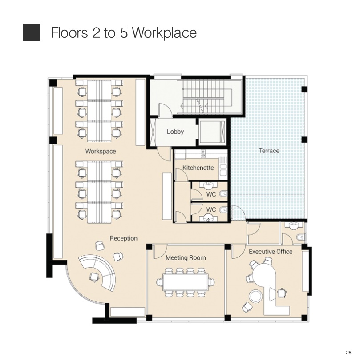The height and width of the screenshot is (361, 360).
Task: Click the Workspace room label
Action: (101, 152)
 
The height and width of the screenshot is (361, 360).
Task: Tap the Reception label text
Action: (124, 238)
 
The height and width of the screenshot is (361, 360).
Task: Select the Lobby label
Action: (175, 132)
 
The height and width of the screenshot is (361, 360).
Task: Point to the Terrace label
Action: (269, 151)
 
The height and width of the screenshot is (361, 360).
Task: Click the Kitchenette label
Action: (198, 168)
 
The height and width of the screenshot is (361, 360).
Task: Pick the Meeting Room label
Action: (186, 257)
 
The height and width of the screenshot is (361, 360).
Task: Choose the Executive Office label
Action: (271, 252)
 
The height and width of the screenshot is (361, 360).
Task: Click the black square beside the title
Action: (31, 32)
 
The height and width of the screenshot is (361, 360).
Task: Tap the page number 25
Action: (348, 353)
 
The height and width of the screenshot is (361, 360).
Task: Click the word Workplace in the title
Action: (164, 33)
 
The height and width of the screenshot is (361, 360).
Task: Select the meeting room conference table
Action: (186, 282)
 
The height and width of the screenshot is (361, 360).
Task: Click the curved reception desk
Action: (97, 272)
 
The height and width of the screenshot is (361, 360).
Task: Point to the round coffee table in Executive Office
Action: (255, 296)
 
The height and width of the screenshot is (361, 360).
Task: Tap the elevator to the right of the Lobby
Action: (212, 132)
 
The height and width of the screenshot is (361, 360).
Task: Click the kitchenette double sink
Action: (223, 170)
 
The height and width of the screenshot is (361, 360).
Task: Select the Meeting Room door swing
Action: (160, 251)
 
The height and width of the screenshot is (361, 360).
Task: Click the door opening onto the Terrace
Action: (239, 212)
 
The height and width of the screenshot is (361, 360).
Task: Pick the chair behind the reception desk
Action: (94, 276)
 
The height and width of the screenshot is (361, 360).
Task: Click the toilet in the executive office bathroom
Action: (301, 237)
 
